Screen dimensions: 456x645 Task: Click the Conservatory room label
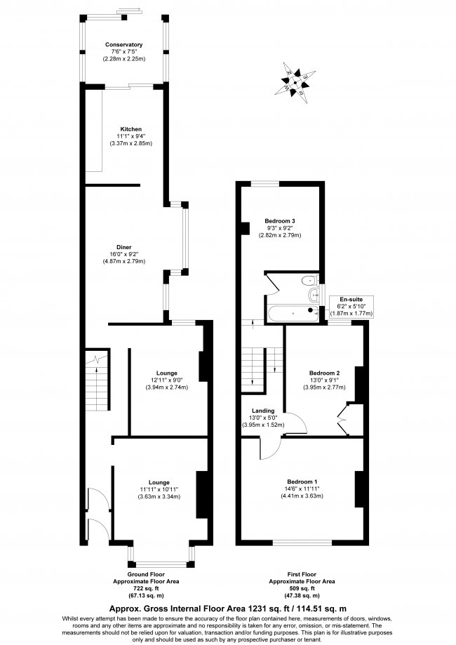(x=123, y=44)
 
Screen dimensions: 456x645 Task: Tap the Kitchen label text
(x=130, y=129)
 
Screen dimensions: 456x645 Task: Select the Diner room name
(x=123, y=247)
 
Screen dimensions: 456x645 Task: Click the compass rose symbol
(x=295, y=83)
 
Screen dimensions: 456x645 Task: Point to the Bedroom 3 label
(x=280, y=221)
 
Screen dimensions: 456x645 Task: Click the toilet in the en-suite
(x=309, y=281)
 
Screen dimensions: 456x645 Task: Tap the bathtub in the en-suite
(x=293, y=314)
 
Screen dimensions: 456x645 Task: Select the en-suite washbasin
(x=314, y=295)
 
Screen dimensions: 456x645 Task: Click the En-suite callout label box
(x=351, y=307)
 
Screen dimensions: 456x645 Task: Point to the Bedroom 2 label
(x=324, y=373)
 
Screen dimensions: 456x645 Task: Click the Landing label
(x=263, y=411)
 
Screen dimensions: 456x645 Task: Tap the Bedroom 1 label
(x=302, y=481)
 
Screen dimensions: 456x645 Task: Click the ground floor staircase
(x=97, y=380)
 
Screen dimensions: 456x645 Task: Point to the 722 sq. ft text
(x=146, y=589)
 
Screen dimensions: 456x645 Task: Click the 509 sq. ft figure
(x=302, y=589)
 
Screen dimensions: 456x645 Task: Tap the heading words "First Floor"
(x=302, y=574)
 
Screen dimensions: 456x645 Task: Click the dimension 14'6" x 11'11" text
(x=302, y=488)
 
